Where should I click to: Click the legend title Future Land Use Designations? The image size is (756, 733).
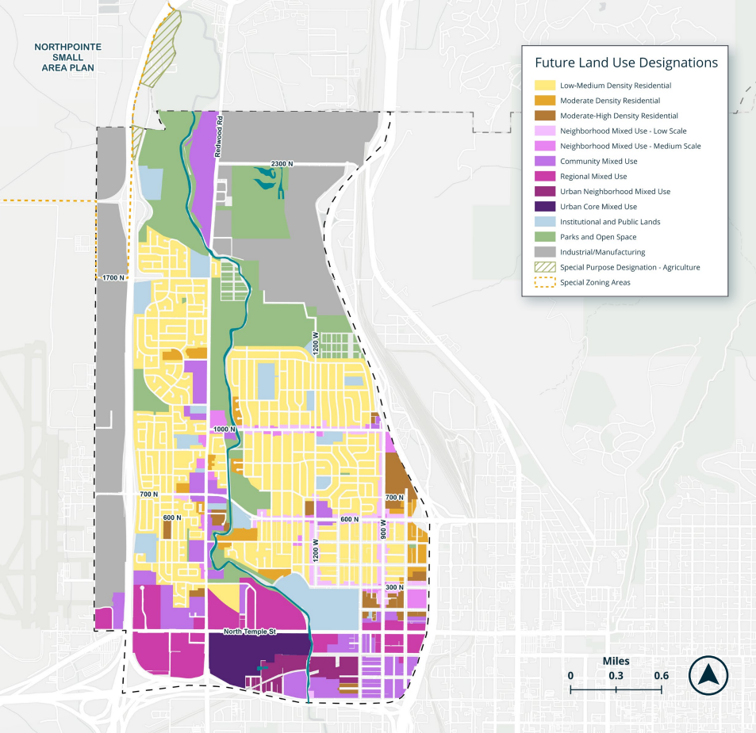coord(626,63)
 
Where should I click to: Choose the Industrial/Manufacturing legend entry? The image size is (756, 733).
coord(602,252)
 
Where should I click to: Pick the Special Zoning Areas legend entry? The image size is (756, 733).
coord(595,282)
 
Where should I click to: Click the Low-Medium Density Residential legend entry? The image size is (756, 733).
coord(615,86)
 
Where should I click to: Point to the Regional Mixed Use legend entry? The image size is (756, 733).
coord(593,177)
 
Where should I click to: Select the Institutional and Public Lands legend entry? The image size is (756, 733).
coord(609,222)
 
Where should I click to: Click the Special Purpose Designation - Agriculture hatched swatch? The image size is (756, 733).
coord(545,267)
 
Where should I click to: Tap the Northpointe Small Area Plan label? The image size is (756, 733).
coord(69,58)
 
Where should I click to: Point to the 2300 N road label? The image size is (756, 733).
coord(282,163)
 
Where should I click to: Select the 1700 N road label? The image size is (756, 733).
coord(113,278)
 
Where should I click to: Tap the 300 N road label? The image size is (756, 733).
coord(394,586)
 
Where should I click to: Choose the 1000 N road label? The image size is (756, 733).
coord(224,429)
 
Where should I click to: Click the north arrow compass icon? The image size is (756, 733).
coord(708,676)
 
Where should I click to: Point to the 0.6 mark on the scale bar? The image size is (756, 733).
coord(662,675)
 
